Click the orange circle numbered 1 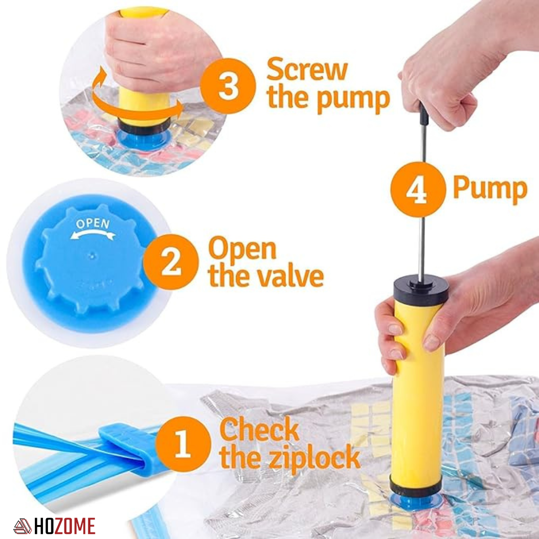tap(183, 444)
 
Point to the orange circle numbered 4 tap(417, 190)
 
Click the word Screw tap(306, 69)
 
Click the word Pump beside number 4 tap(490, 189)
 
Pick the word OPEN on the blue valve tap(93, 224)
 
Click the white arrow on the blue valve tap(92, 234)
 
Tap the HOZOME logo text tap(64, 526)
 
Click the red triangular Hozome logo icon tap(22, 526)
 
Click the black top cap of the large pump tap(421, 290)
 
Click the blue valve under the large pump tap(415, 502)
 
